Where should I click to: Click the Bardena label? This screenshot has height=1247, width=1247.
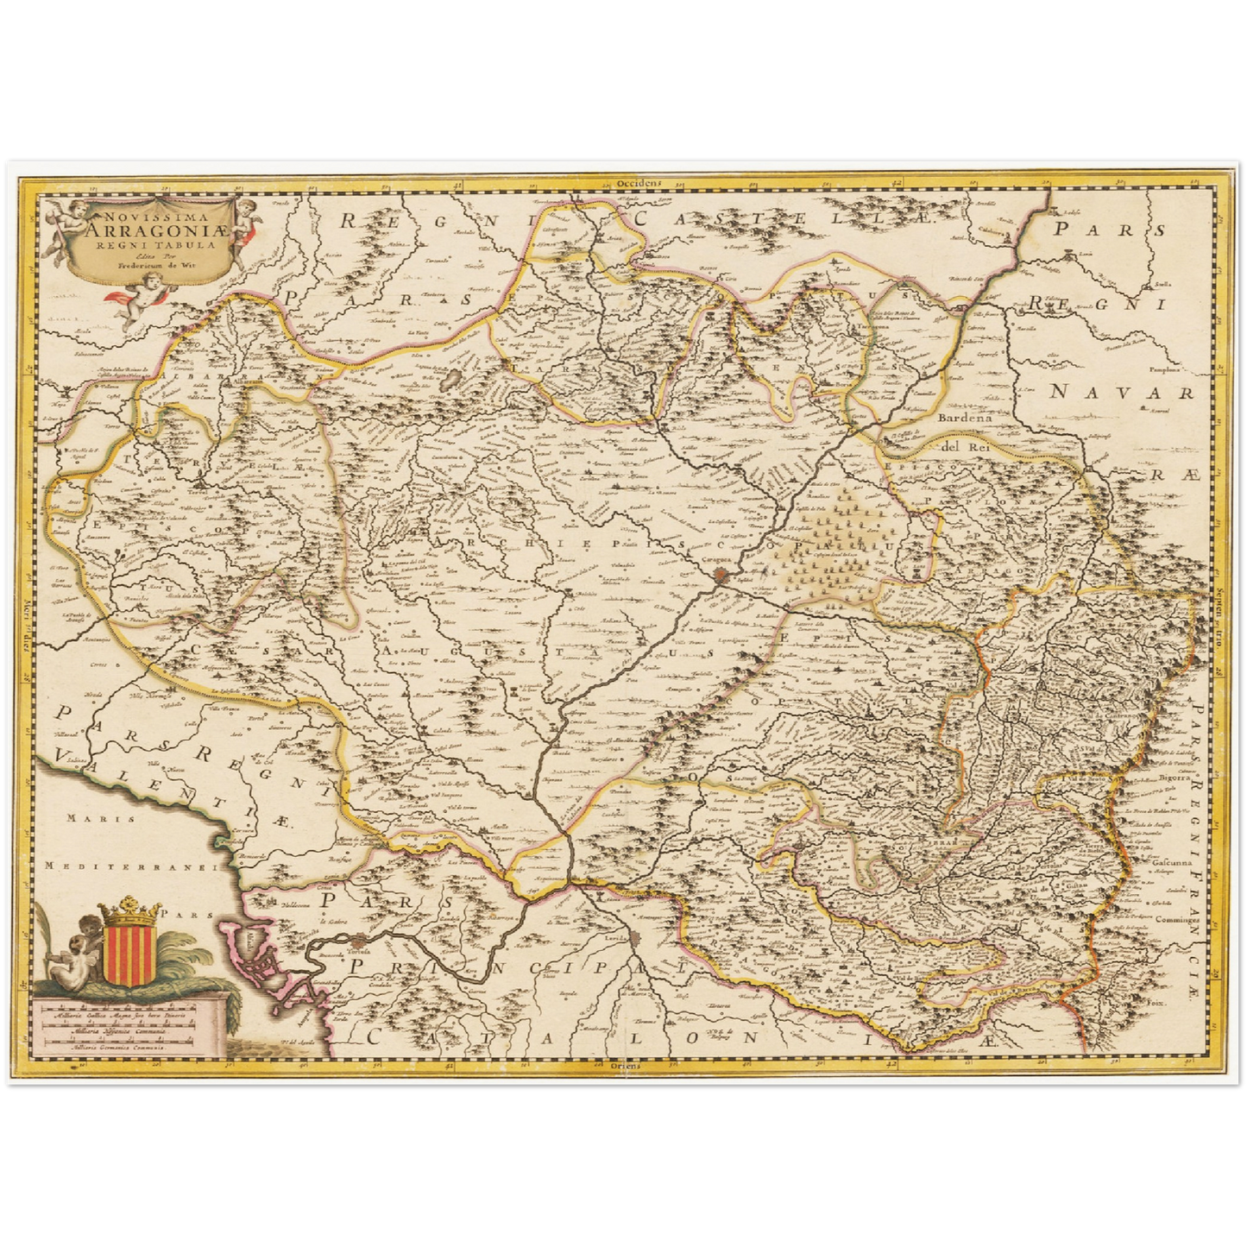point(962,417)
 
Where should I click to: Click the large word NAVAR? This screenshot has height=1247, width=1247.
point(1122,393)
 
